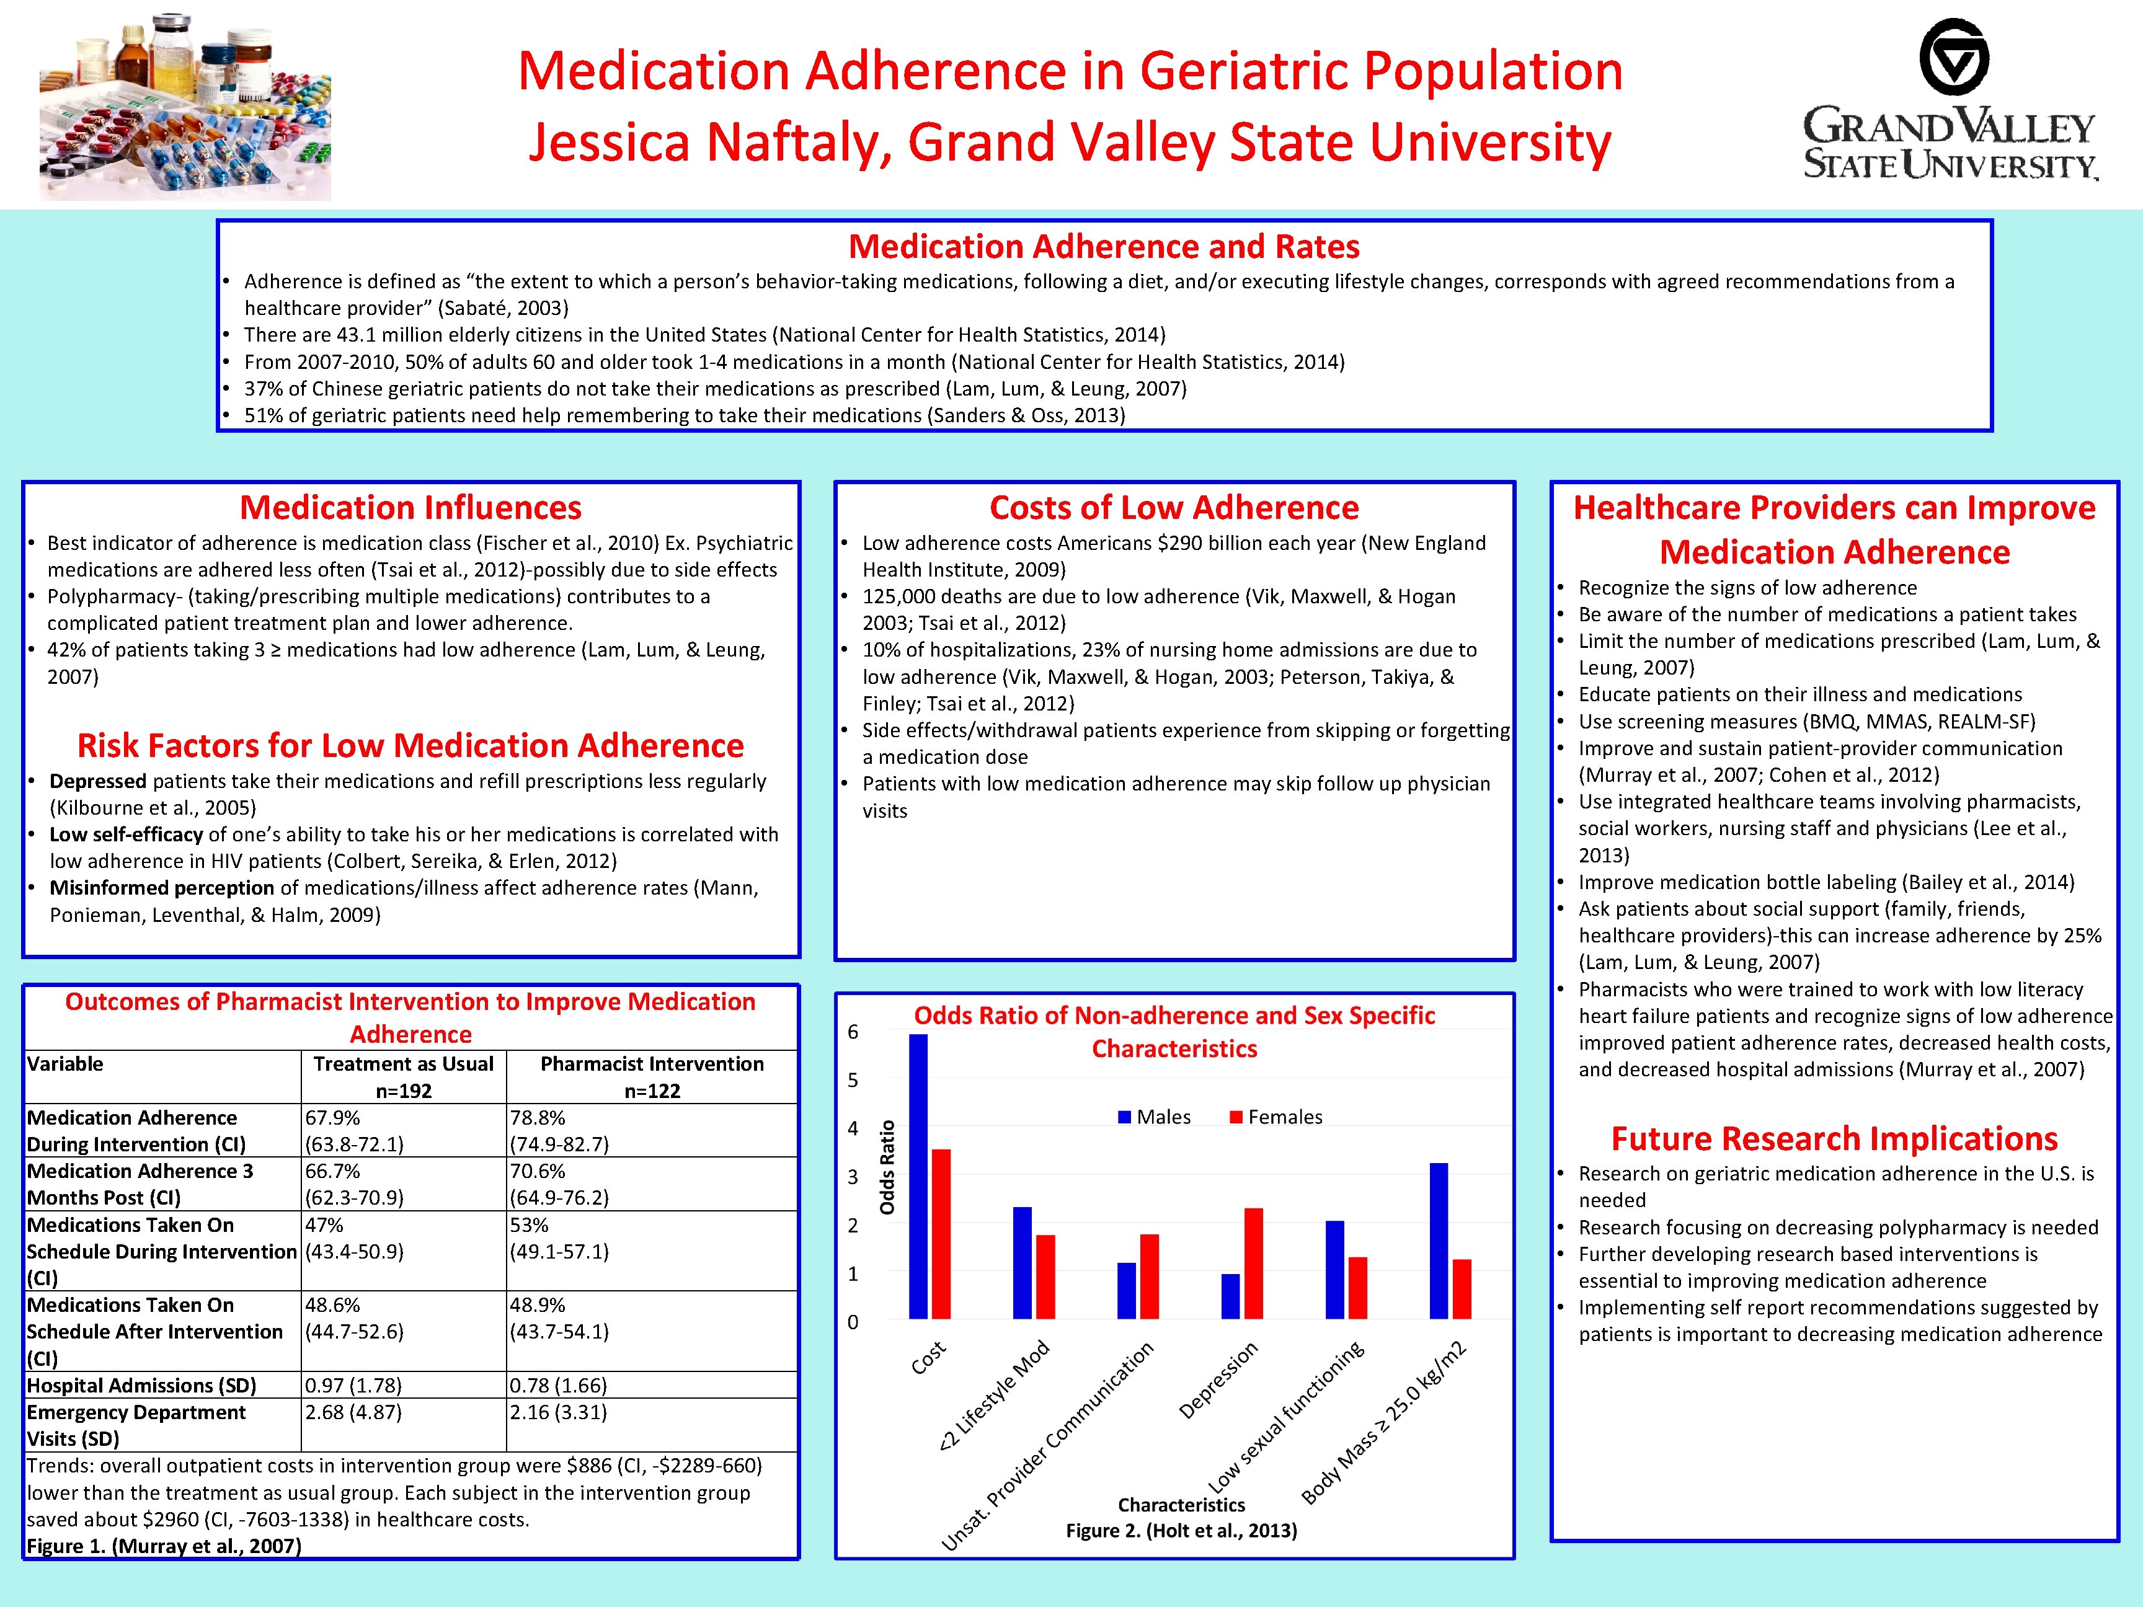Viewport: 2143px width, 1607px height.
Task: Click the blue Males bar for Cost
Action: click(x=918, y=1176)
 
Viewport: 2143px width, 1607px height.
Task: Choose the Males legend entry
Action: click(x=1154, y=1117)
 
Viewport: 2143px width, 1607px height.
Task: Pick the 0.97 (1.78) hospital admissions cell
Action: click(x=353, y=1385)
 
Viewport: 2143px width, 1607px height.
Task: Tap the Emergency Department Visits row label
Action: click(x=136, y=1425)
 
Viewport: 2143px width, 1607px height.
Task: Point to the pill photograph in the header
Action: click(x=185, y=108)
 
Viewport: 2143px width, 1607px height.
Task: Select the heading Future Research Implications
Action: click(x=1834, y=1138)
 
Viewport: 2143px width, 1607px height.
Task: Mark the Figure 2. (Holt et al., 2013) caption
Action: click(x=1181, y=1531)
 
